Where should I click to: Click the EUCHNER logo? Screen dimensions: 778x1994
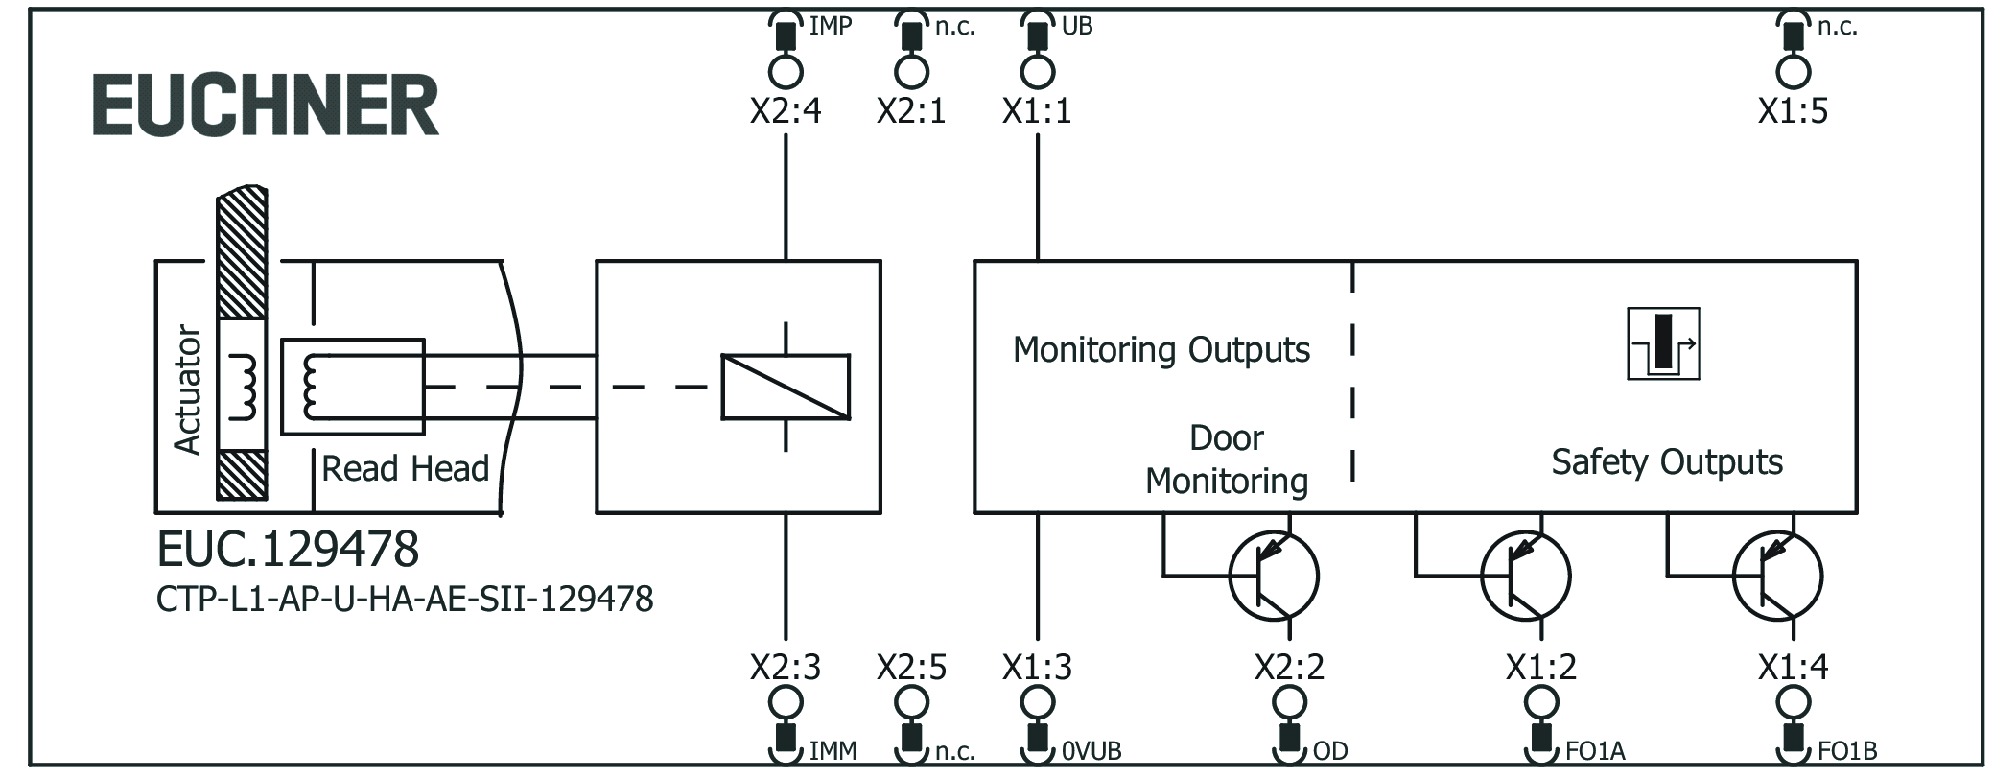pyautogui.click(x=266, y=106)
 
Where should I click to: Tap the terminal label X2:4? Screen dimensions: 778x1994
pyautogui.click(x=786, y=111)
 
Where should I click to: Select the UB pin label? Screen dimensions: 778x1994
pyautogui.click(x=1077, y=27)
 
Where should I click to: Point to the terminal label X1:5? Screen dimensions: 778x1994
pyautogui.click(x=1793, y=111)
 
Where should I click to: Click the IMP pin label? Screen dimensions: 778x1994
pyautogui.click(x=830, y=27)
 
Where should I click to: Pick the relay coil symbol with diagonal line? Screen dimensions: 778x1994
pyautogui.click(x=786, y=388)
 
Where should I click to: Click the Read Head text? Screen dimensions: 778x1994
pyautogui.click(x=405, y=469)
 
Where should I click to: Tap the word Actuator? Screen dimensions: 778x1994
pyautogui.click(x=187, y=389)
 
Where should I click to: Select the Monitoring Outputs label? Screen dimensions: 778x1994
pyautogui.click(x=1161, y=350)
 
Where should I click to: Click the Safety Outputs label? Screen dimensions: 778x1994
pyautogui.click(x=1667, y=462)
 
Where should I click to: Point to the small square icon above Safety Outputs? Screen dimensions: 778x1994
pyautogui.click(x=1663, y=343)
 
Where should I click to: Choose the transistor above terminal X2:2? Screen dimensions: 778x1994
pyautogui.click(x=1274, y=576)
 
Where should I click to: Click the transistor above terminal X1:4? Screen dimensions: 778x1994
pyautogui.click(x=1777, y=576)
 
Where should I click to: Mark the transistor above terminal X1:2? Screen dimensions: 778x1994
pyautogui.click(x=1525, y=576)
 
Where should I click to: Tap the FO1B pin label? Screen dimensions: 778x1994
pyautogui.click(x=1847, y=751)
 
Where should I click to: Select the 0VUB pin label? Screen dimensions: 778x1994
pyautogui.click(x=1091, y=751)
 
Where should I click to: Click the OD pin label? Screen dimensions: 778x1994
pyautogui.click(x=1330, y=751)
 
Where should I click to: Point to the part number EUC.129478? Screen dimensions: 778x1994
pyautogui.click(x=288, y=550)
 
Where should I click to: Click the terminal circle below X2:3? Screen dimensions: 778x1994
pyautogui.click(x=786, y=703)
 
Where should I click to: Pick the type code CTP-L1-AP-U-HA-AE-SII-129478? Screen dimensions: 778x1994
pyautogui.click(x=405, y=600)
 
